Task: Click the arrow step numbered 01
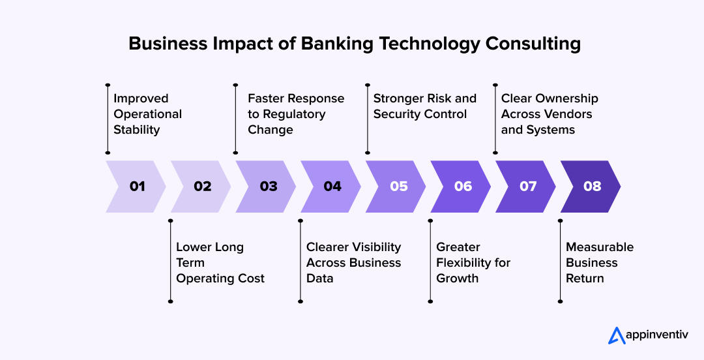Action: coord(137,187)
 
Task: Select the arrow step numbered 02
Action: coord(202,187)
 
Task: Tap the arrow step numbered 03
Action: coord(268,187)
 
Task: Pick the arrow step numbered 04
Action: coord(332,187)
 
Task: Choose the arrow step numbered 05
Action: coord(398,187)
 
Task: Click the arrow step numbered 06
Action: coord(463,187)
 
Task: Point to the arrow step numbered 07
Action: coord(528,187)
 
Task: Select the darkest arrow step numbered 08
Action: coord(592,187)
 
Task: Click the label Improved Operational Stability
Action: coord(147,114)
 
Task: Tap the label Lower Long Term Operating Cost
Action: coord(220,263)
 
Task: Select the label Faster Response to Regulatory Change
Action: coord(295,114)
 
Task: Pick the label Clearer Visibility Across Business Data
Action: coord(353,263)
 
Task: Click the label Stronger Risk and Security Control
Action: coord(424,106)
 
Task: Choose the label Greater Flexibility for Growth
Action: coord(473,263)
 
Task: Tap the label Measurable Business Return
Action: coord(599,263)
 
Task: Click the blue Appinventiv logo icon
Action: coord(617,335)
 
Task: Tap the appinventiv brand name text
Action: coord(657,336)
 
